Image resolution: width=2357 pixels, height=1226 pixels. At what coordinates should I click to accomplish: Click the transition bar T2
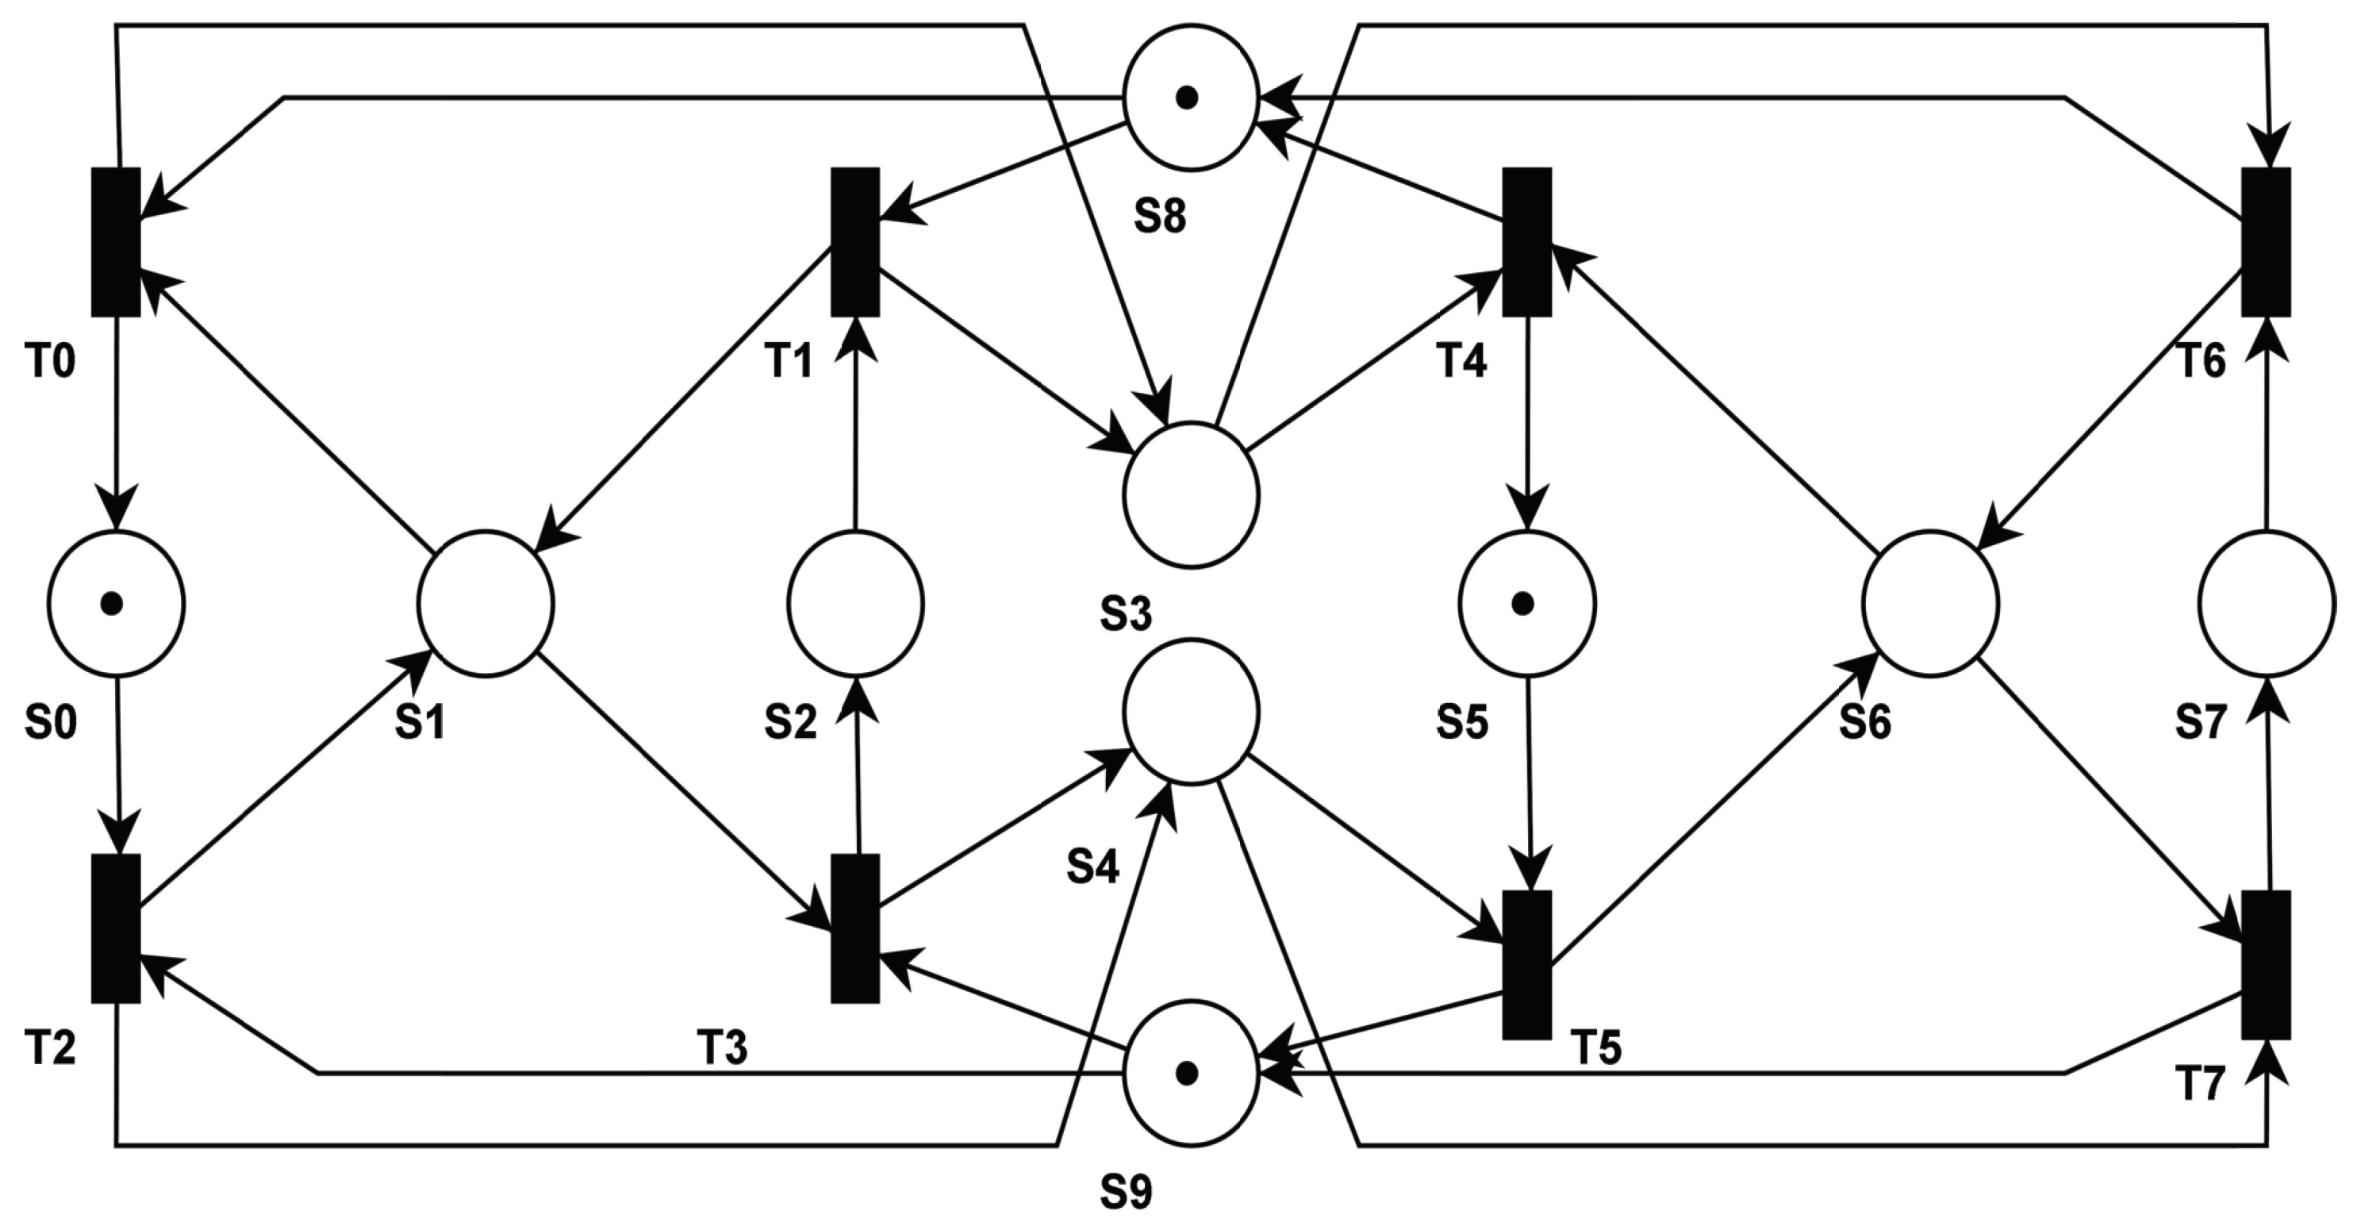116,928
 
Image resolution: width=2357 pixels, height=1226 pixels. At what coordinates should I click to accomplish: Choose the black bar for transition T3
855,928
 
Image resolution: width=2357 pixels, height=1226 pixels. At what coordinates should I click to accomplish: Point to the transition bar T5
1527,964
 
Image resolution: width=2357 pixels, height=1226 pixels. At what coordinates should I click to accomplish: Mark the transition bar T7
2266,964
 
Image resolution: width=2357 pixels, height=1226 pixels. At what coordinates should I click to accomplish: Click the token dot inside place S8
1187,98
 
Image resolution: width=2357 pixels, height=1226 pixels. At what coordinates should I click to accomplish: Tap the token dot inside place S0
112,603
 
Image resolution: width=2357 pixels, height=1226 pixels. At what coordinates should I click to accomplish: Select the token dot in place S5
1522,603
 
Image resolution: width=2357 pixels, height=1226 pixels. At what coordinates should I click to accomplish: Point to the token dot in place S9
1187,1073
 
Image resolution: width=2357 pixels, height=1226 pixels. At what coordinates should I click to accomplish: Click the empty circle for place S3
1192,494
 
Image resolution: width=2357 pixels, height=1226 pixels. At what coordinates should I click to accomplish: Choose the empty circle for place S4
1192,711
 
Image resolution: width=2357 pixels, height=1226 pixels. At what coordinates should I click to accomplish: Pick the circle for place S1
486,603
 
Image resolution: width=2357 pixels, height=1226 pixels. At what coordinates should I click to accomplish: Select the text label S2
790,723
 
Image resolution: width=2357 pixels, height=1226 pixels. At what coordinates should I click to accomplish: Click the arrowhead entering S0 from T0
116,513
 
